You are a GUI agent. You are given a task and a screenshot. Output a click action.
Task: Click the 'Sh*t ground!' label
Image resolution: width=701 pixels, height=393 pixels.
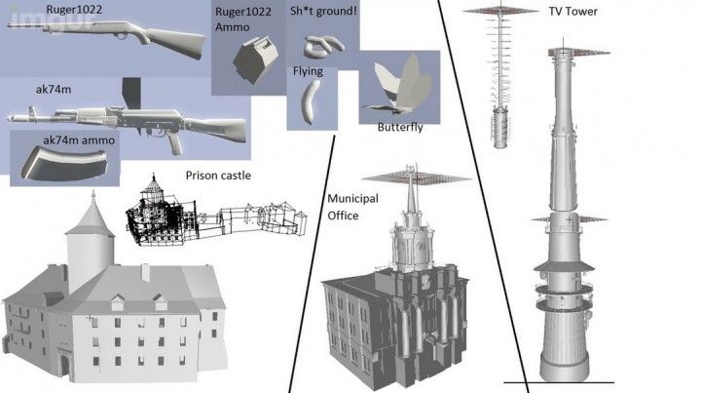pyautogui.click(x=324, y=11)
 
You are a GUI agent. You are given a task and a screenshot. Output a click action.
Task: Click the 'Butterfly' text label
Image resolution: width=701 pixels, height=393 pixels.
pyautogui.click(x=400, y=128)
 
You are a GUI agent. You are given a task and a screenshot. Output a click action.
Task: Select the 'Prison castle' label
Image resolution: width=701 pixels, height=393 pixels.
pyautogui.click(x=217, y=176)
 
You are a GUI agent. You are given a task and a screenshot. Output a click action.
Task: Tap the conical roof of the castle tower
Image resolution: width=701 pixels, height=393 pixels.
pyautogui.click(x=92, y=211)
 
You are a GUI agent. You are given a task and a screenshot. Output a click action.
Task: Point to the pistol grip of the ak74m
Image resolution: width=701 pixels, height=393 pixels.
pyautogui.click(x=175, y=141)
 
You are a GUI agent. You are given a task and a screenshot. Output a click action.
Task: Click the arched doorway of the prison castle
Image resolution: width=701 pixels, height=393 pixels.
pyautogui.click(x=63, y=368)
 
